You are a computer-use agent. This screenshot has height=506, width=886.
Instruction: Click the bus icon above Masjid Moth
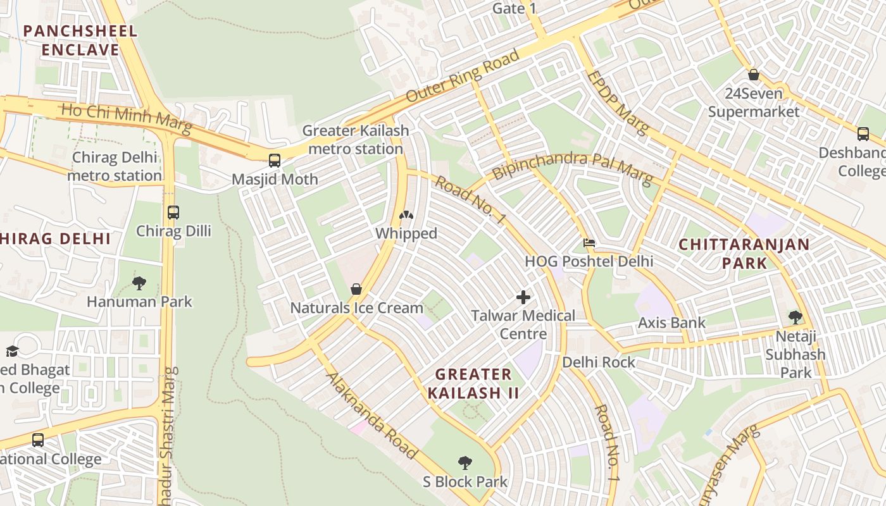pyautogui.click(x=274, y=161)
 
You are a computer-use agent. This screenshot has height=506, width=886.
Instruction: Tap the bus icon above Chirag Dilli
pyautogui.click(x=173, y=213)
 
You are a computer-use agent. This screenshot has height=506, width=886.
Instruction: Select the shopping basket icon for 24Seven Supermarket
pyautogui.click(x=754, y=75)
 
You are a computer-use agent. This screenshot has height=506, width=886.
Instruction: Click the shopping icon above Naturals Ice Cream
pyautogui.click(x=356, y=289)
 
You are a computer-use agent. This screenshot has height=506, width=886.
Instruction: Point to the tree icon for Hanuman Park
pyautogui.click(x=139, y=283)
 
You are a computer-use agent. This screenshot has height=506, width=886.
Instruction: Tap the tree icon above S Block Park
pyautogui.click(x=465, y=463)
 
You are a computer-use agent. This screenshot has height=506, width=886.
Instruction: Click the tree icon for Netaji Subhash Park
pyautogui.click(x=796, y=318)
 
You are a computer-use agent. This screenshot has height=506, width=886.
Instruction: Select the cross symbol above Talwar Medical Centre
pyautogui.click(x=523, y=297)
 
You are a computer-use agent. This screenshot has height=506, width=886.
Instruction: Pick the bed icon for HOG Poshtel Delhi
pyautogui.click(x=589, y=243)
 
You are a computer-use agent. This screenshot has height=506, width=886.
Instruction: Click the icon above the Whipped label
pyautogui.click(x=406, y=215)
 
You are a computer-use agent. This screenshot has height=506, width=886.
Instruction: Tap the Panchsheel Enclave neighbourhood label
pyautogui.click(x=80, y=40)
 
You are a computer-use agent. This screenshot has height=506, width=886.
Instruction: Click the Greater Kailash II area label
pyautogui.click(x=473, y=383)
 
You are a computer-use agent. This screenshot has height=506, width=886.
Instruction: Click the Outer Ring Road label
pyautogui.click(x=463, y=76)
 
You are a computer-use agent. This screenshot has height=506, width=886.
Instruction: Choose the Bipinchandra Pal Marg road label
pyautogui.click(x=572, y=167)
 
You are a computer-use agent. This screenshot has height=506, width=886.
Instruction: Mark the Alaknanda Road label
pyautogui.click(x=371, y=416)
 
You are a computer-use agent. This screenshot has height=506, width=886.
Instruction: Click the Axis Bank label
pyautogui.click(x=671, y=323)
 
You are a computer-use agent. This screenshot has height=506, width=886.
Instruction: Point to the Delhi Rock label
pyautogui.click(x=599, y=362)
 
